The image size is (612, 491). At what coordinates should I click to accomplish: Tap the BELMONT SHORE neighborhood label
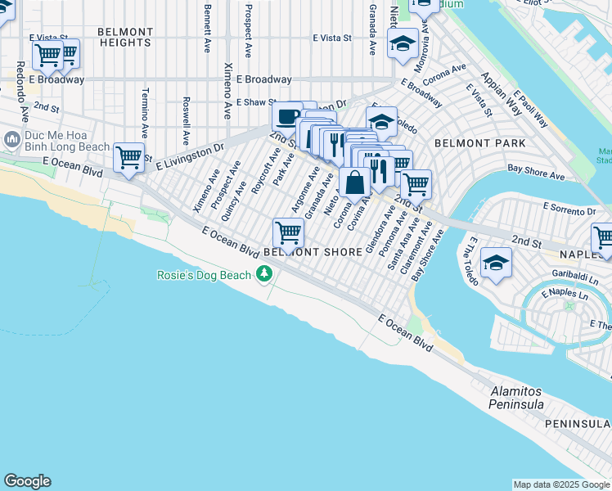(313, 253)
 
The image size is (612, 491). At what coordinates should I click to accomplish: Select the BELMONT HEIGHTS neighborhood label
(125, 37)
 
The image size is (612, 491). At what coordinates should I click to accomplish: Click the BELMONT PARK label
(468, 142)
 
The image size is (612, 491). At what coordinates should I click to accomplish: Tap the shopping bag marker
(355, 182)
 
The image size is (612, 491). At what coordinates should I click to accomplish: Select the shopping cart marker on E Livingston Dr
(129, 156)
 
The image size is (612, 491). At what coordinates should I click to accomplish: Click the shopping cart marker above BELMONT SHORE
(288, 232)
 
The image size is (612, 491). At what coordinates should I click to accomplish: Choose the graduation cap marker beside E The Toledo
(496, 263)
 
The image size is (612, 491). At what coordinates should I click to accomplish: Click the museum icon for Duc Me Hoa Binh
(11, 140)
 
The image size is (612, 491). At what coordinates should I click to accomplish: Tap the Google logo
(27, 481)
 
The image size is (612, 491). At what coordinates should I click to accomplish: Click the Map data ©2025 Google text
(560, 484)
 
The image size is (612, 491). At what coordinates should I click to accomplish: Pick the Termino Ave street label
(144, 113)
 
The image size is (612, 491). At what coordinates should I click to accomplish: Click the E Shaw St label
(258, 103)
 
